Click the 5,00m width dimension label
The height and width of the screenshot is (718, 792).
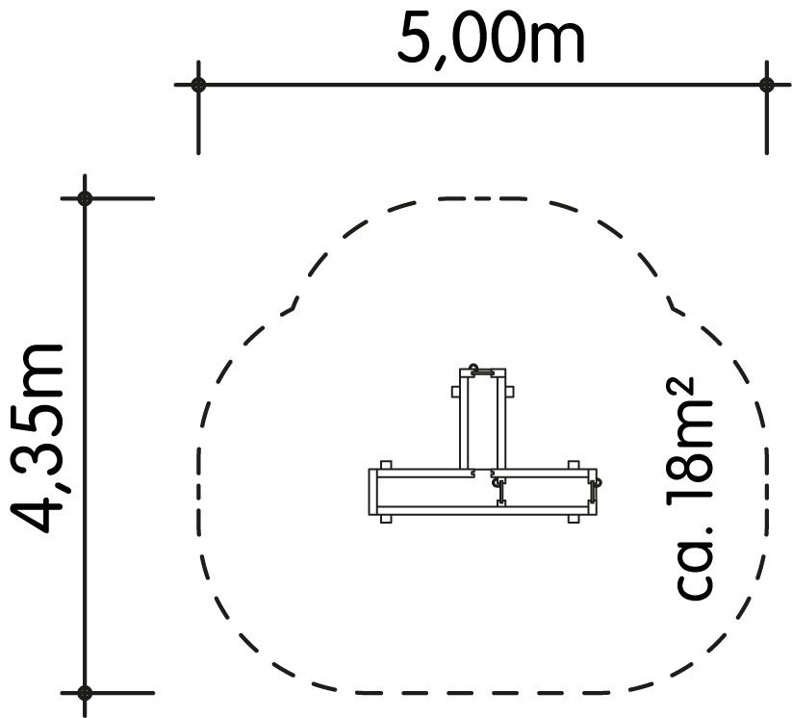tap(491, 40)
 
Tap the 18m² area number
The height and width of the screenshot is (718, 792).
tap(690, 449)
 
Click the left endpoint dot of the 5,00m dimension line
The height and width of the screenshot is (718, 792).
tap(198, 85)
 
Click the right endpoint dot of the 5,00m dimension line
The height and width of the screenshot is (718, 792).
tap(767, 85)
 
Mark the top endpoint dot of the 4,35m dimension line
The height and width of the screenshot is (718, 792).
tap(85, 198)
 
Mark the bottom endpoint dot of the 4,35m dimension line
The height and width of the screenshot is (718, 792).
tap(85, 693)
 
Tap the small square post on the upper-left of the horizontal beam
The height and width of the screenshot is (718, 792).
tap(386, 465)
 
